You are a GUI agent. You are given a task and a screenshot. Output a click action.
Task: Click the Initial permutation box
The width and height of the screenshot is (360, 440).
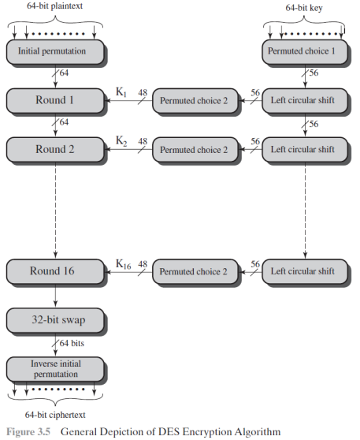pos(55,51)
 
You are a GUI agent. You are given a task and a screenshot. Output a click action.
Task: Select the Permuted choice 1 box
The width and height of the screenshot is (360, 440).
pos(305,51)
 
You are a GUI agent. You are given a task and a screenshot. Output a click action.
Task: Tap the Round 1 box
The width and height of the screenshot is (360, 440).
pos(55,101)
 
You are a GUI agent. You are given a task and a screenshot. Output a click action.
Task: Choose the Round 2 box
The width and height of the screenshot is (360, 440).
pos(55,150)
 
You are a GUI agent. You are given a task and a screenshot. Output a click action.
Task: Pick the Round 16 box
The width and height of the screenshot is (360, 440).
pos(55,271)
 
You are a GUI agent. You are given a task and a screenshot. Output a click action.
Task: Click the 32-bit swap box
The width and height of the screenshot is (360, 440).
pos(55,320)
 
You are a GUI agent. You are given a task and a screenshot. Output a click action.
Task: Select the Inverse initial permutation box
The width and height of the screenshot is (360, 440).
pos(55,369)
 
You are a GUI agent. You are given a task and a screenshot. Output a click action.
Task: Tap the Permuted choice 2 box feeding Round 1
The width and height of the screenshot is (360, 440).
pos(195,101)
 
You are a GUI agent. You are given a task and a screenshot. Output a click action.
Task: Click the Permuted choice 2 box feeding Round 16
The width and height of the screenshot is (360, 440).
pos(195,271)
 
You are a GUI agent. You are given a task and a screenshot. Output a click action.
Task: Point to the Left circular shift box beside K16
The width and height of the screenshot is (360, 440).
pos(305,271)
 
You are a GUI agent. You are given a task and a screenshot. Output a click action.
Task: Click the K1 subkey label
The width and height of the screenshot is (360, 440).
pos(121,91)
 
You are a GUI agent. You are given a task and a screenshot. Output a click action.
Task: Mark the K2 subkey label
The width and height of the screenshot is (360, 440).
pos(121,140)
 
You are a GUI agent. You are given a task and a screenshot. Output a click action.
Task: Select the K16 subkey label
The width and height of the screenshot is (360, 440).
pos(124,264)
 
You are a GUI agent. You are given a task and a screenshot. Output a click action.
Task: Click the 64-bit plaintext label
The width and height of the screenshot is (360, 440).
pos(54,6)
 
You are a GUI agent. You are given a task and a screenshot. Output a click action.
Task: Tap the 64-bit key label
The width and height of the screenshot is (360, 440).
pos(304,8)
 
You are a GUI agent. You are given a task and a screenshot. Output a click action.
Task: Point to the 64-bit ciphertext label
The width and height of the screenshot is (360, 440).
pos(55,415)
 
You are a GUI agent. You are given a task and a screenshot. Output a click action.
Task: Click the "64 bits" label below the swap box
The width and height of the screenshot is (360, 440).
pos(72,343)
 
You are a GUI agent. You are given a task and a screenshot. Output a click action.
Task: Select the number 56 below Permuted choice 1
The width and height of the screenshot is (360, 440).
pos(314,73)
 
